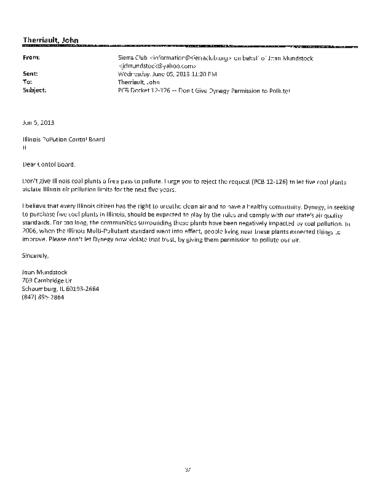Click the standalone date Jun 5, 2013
click(x=34, y=123)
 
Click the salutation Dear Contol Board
click(x=50, y=165)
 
